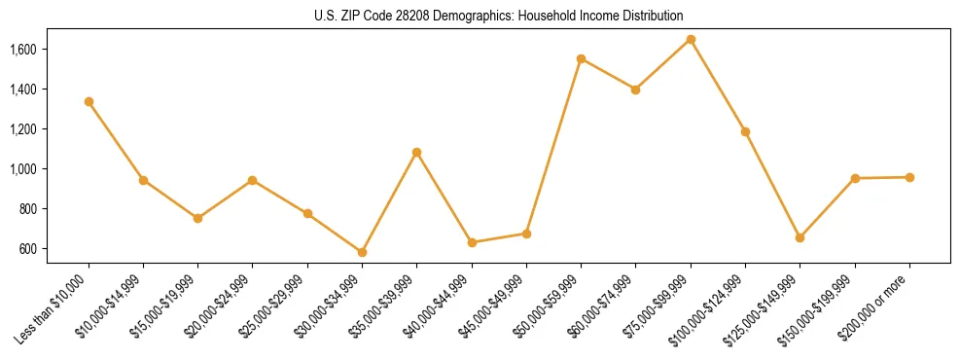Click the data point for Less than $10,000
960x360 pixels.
point(89,101)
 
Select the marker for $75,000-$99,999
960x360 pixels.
point(691,39)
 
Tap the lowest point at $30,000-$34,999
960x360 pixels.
point(362,252)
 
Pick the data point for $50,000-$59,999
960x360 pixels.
point(581,58)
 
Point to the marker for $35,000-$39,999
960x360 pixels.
point(416,152)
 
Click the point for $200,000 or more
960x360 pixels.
point(909,177)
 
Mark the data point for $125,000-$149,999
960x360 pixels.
point(800,237)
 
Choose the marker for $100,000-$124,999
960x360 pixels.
point(745,131)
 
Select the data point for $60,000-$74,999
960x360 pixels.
point(635,90)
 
